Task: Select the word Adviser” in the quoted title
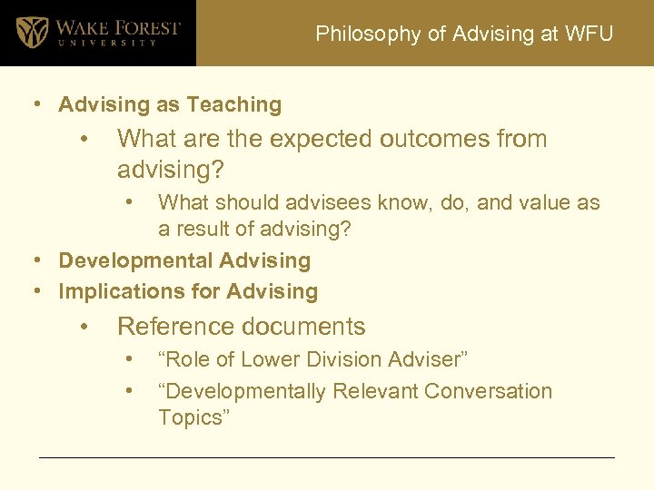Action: (429, 359)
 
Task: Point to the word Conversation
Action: (488, 392)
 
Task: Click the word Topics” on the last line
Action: (193, 417)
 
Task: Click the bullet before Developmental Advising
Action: (39, 261)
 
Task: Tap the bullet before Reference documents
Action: (84, 327)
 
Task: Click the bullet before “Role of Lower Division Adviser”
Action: (132, 359)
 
